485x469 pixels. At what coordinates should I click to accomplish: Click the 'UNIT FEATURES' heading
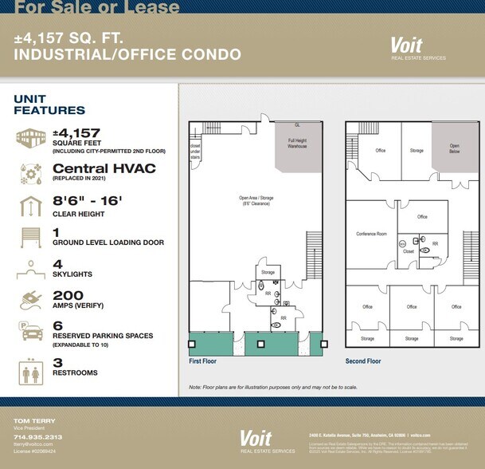click(x=49, y=104)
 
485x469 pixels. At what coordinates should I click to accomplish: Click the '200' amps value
click(x=68, y=295)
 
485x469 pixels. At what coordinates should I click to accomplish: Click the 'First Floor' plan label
click(x=203, y=361)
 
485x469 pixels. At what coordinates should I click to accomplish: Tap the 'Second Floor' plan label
click(x=363, y=361)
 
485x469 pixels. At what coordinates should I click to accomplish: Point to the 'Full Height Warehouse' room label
click(x=297, y=143)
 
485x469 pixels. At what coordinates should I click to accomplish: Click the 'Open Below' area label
click(x=455, y=149)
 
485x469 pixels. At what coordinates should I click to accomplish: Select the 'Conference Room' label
click(x=371, y=234)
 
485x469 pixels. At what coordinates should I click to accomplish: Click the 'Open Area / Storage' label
click(x=256, y=199)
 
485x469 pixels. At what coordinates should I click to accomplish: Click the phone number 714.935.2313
click(x=37, y=437)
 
